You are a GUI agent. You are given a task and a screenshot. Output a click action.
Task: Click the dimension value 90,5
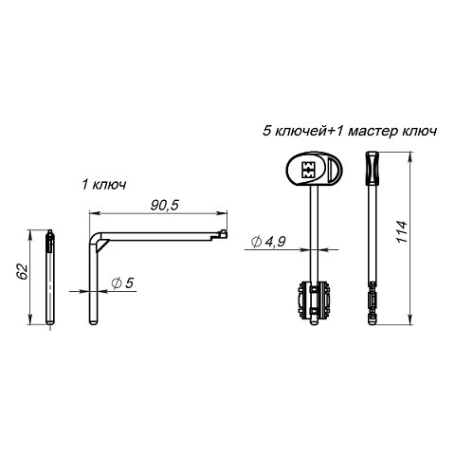(164, 205)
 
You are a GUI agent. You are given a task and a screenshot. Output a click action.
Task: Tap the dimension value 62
(22, 271)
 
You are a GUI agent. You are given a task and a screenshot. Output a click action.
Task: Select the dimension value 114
(402, 231)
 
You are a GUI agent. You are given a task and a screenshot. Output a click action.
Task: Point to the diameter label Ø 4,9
(268, 242)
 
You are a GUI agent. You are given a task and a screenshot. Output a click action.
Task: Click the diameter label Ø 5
(123, 282)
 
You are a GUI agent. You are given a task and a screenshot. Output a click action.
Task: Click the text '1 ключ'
(104, 185)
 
